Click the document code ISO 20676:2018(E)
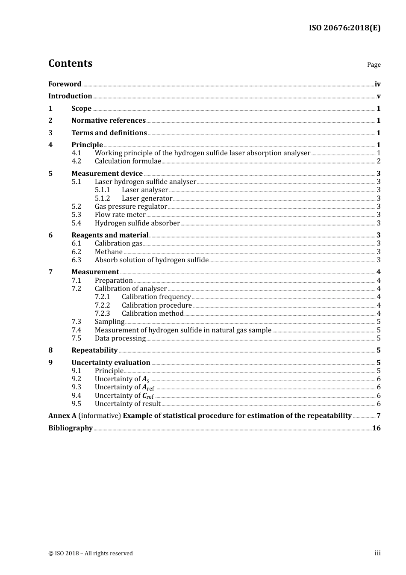[x=344, y=28]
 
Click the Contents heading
[x=70, y=63]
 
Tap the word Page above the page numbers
[x=374, y=65]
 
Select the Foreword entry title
[x=65, y=84]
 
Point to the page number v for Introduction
[x=378, y=96]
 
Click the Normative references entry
[x=109, y=121]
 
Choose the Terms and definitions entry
[x=109, y=133]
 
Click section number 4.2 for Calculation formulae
[x=76, y=161]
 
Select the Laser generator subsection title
[x=147, y=199]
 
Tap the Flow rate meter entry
[x=120, y=215]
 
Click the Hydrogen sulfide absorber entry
[x=137, y=223]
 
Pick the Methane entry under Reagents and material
[x=109, y=252]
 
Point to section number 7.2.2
[x=102, y=305]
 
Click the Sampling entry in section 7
[x=109, y=322]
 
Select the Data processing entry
[x=120, y=338]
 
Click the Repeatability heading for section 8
[x=94, y=350]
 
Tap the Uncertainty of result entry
[x=128, y=404]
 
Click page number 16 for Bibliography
[x=376, y=428]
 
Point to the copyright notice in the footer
[x=91, y=554]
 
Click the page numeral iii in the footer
[x=377, y=553]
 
